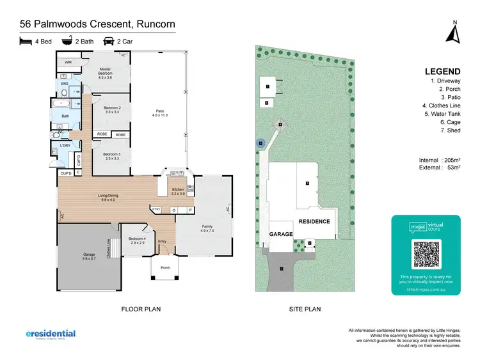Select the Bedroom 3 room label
point(112,155)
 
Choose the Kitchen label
point(178,190)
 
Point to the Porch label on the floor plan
point(165,267)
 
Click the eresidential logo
point(51,334)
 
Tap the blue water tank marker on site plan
point(260,144)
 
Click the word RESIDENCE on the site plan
point(313,222)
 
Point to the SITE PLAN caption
point(304,309)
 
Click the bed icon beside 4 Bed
point(26,42)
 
